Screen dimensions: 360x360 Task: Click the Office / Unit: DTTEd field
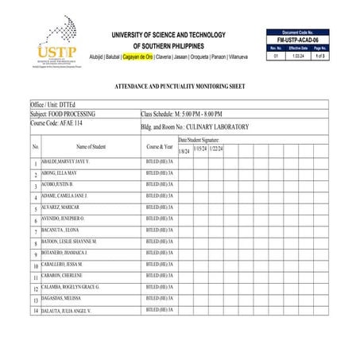(x=56, y=104)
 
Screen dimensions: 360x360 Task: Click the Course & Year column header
(x=159, y=146)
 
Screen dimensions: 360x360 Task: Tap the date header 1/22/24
(x=215, y=149)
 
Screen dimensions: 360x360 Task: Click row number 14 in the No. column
(x=35, y=311)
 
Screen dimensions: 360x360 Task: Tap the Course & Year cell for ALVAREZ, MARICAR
(x=159, y=206)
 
